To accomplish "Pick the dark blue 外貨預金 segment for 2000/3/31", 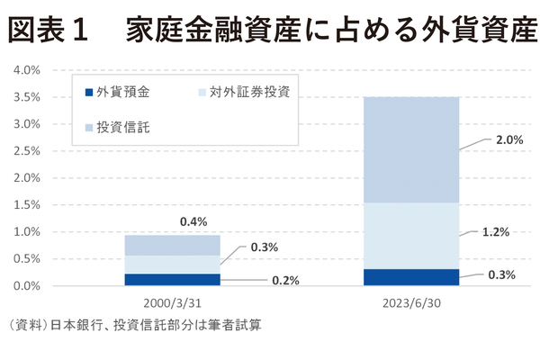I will pos(172,279).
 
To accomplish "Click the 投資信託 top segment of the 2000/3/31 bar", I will pos(172,245).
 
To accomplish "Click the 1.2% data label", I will pos(497,231).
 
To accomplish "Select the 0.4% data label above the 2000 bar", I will pos(193,221).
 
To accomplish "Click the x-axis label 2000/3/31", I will pos(172,302).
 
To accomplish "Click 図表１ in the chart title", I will pos(47,31).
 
